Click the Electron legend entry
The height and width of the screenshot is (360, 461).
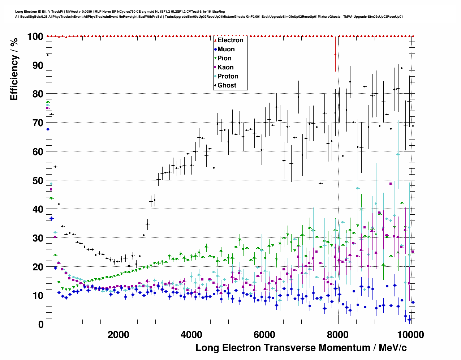pos(230,40)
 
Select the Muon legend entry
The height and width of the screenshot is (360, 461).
pos(226,49)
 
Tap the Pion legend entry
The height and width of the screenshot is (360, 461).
pos(224,58)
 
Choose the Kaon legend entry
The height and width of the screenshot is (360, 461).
pos(225,67)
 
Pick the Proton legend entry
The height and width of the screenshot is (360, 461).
pos(228,76)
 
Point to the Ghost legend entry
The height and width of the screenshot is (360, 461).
pos(227,85)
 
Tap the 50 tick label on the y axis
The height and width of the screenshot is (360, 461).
pos(38,180)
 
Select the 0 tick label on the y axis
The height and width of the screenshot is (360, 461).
pos(41,324)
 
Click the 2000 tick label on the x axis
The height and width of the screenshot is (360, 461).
pos(119,335)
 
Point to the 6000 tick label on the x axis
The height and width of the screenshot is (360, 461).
pos(265,335)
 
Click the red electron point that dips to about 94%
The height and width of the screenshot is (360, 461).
pos(335,54)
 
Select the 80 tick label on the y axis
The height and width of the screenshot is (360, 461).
pos(38,94)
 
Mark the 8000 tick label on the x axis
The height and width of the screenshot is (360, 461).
pos(338,335)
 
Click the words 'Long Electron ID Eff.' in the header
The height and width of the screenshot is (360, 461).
pos(31,12)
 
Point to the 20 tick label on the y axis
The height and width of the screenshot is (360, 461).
pos(38,267)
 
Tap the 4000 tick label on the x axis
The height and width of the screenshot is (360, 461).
pos(192,335)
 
